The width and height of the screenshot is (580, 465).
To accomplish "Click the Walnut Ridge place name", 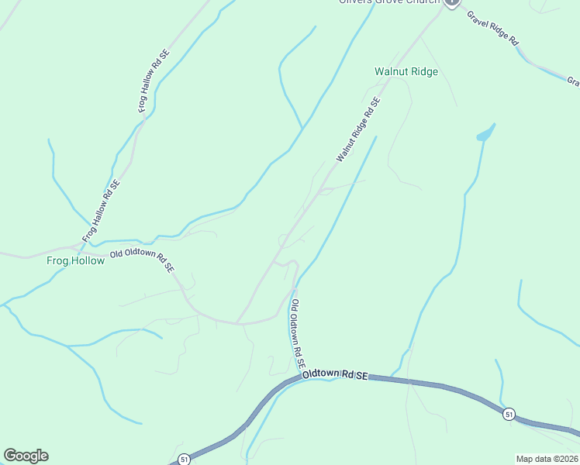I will coord(406,71).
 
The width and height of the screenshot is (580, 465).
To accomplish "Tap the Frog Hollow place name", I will coord(75,260).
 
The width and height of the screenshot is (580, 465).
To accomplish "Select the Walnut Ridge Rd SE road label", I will coord(358,129).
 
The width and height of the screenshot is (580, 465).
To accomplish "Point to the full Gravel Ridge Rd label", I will coord(493,30).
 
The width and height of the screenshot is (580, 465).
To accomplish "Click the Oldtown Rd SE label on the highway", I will coord(333,374).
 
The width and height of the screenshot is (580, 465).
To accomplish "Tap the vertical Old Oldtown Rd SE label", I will coord(298,334).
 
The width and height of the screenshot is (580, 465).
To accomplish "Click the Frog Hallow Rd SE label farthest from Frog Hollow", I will coord(154,81).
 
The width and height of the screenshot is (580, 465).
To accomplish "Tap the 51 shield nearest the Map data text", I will coord(508,414).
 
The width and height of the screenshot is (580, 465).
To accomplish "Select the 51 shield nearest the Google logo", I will coord(183,459).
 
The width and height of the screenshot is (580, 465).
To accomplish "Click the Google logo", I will coord(26,456).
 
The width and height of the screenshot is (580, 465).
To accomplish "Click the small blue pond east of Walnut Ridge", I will coord(485,134).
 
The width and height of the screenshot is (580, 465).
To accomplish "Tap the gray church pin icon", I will coord(452,2).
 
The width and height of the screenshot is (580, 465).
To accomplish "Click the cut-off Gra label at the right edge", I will coord(573,81).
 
